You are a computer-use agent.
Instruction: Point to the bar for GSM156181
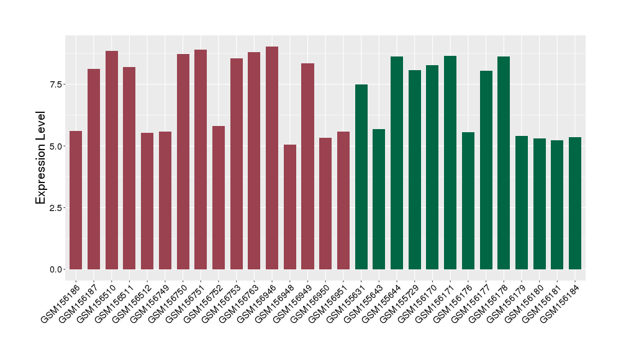coord(557,205)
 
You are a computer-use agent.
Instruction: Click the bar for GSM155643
coord(379,199)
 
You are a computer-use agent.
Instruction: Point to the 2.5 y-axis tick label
coord(55,208)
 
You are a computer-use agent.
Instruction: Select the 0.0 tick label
coord(55,269)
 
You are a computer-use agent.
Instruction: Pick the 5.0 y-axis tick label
coord(55,146)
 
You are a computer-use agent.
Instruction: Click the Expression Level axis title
coord(41,158)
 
